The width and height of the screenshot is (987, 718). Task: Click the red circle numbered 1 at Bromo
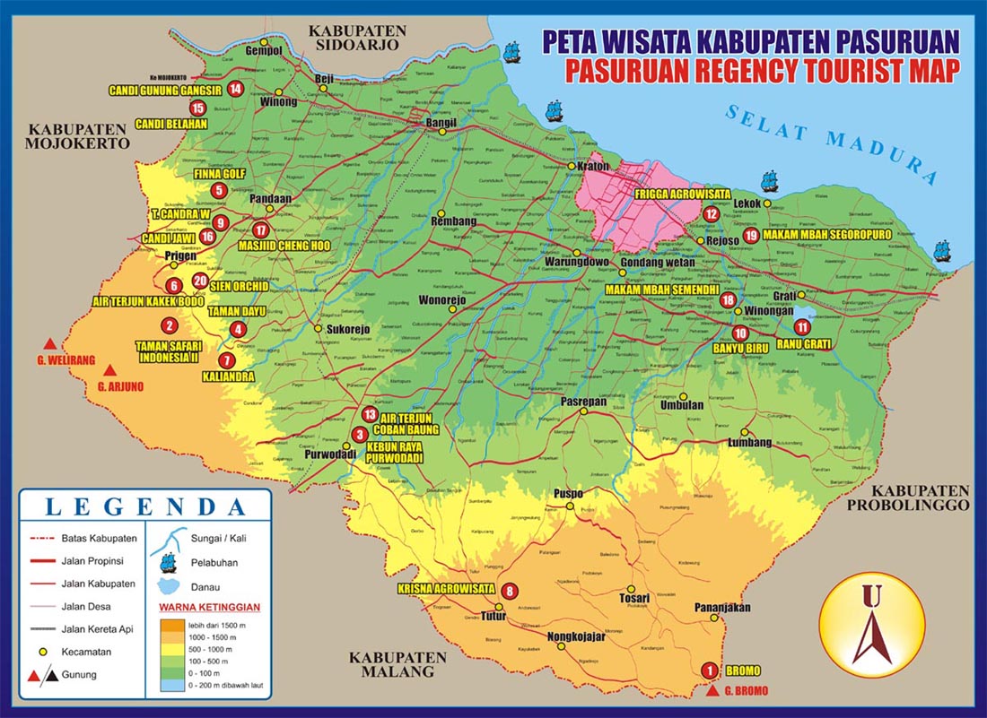709,670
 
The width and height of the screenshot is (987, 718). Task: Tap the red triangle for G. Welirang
52,343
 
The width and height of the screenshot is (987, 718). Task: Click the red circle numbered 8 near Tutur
510,591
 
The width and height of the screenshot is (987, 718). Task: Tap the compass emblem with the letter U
873,625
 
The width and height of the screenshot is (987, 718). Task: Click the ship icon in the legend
167,562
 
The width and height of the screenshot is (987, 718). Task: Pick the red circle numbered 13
370,414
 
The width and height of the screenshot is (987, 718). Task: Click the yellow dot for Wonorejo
453,309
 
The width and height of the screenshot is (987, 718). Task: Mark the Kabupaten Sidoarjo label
357,37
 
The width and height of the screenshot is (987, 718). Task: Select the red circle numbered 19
752,235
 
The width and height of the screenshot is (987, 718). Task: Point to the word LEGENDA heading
145,506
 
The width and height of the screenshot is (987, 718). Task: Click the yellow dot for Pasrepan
582,411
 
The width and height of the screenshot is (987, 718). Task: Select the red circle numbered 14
235,88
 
